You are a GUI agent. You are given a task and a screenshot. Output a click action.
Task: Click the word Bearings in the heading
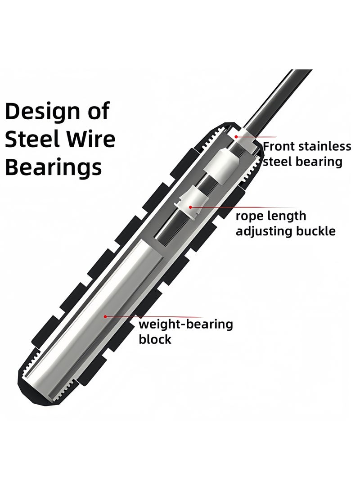[x=54, y=168]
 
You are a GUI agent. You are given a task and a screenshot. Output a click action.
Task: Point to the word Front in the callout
[x=279, y=146]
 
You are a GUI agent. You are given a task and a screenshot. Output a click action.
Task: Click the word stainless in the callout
[x=324, y=146]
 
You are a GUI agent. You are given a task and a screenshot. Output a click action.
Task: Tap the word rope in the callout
[x=248, y=216]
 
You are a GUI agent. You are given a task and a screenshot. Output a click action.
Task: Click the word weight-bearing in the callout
[x=186, y=324]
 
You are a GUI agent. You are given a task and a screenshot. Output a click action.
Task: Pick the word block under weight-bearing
[x=155, y=339]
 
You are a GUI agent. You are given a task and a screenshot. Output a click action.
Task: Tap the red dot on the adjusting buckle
[x=190, y=207]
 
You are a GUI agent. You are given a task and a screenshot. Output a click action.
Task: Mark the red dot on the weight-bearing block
[x=105, y=316]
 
